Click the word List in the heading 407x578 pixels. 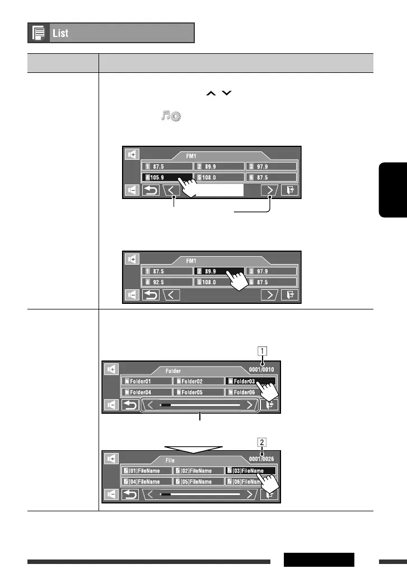pyautogui.click(x=60, y=33)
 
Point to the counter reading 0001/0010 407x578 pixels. pyautogui.click(x=262, y=369)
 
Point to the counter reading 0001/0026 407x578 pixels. pyautogui.click(x=262, y=459)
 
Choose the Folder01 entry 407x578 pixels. pyautogui.click(x=146, y=381)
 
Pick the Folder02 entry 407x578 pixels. pyautogui.click(x=198, y=381)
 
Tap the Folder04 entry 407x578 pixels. pyautogui.click(x=146, y=392)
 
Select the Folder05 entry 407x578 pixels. pyautogui.click(x=198, y=392)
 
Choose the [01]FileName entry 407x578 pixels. pyautogui.click(x=146, y=471)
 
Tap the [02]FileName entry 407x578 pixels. pyautogui.click(x=198, y=471)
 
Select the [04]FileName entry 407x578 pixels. pyautogui.click(x=146, y=482)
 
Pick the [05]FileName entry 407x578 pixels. pyautogui.click(x=198, y=482)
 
